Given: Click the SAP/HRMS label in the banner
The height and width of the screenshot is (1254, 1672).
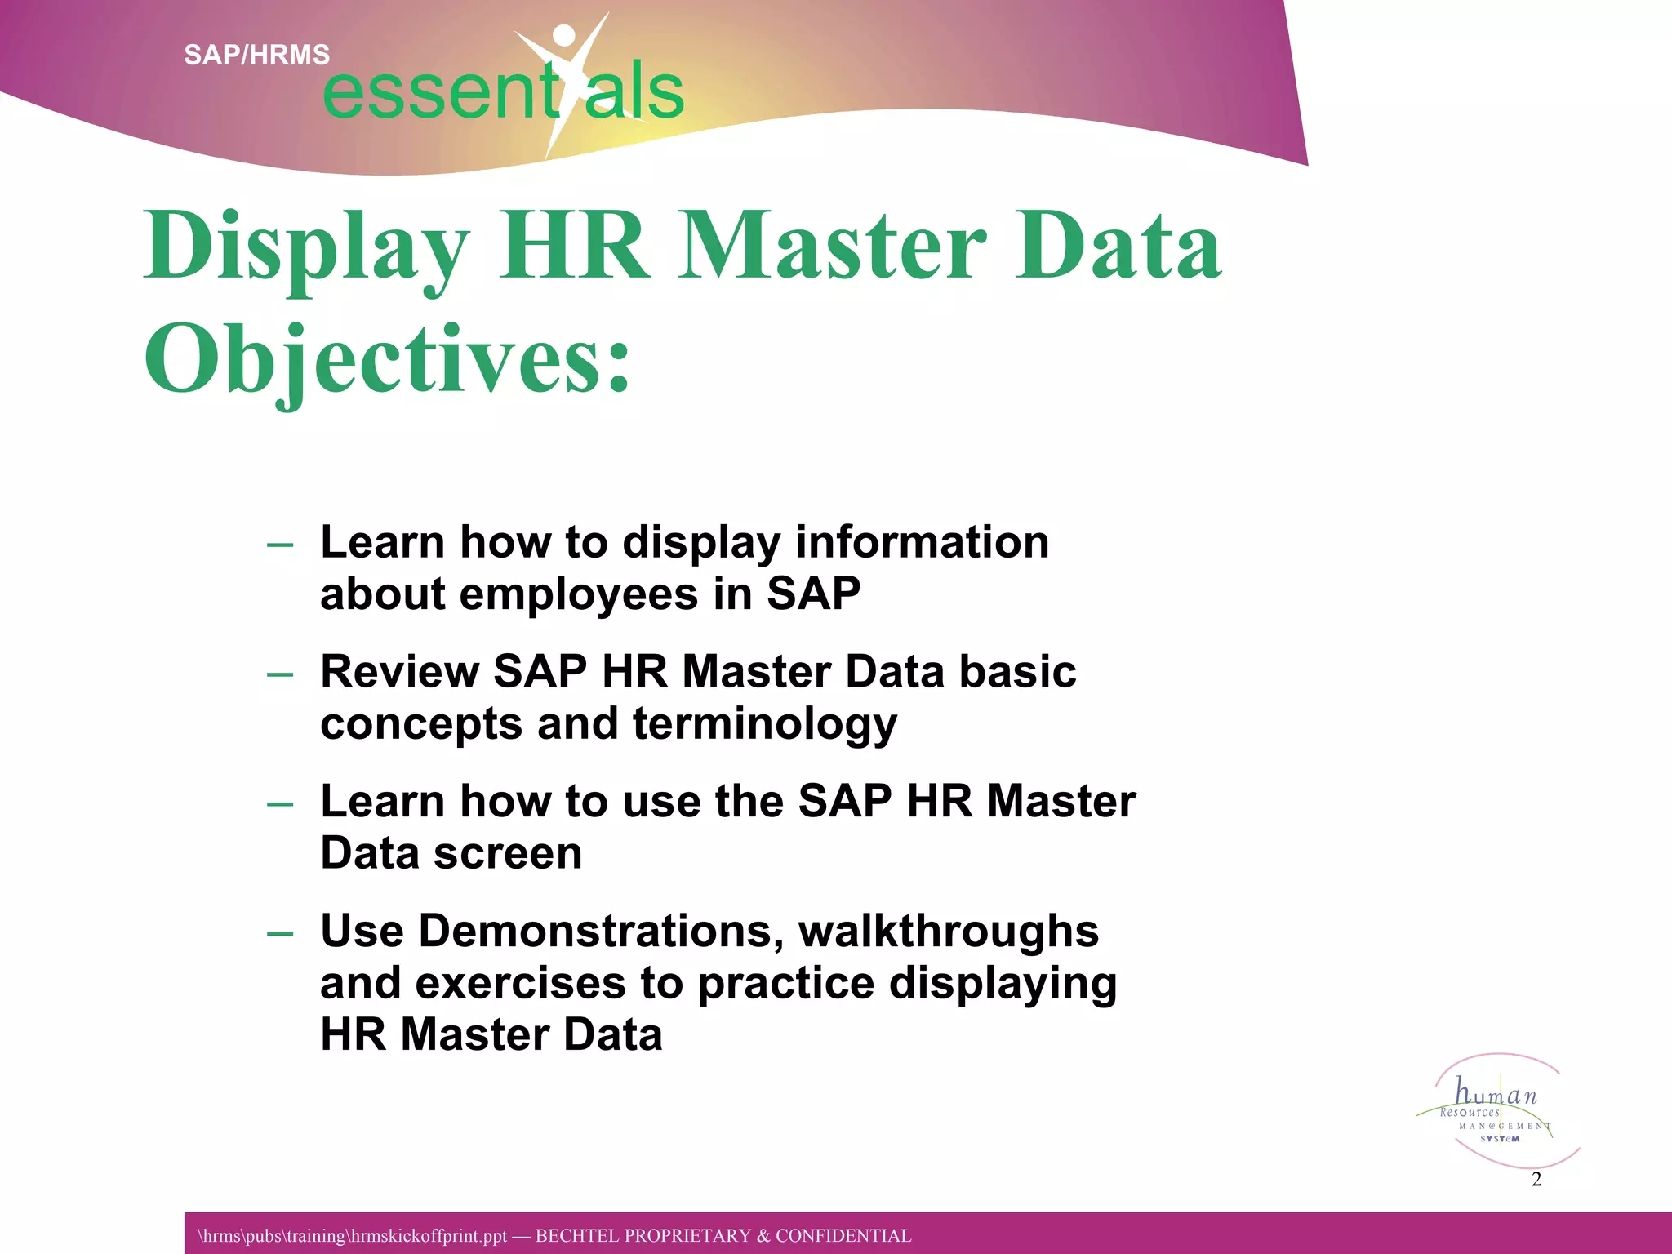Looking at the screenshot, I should [256, 55].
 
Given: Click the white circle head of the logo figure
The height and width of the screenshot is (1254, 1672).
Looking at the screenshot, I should [563, 35].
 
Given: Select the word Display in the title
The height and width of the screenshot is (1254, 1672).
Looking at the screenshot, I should [307, 246].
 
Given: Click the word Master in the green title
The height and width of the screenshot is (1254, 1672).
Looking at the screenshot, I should [833, 246].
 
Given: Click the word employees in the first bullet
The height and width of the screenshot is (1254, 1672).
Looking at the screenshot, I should [578, 594].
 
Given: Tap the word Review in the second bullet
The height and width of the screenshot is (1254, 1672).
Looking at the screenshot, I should [399, 672].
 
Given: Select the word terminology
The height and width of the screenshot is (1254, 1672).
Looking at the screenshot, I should [765, 724].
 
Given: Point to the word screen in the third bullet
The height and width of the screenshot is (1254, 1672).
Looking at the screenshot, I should [507, 853].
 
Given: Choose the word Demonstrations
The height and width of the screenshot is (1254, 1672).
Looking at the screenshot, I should [601, 931].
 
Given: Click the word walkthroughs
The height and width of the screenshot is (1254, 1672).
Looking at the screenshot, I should [948, 931].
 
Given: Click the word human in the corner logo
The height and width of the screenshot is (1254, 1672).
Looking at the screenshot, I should [1496, 1093].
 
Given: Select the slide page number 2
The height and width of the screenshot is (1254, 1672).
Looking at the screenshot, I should [1536, 1179].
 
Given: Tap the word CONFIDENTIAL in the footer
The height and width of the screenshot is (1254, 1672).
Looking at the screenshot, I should [843, 1236].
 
